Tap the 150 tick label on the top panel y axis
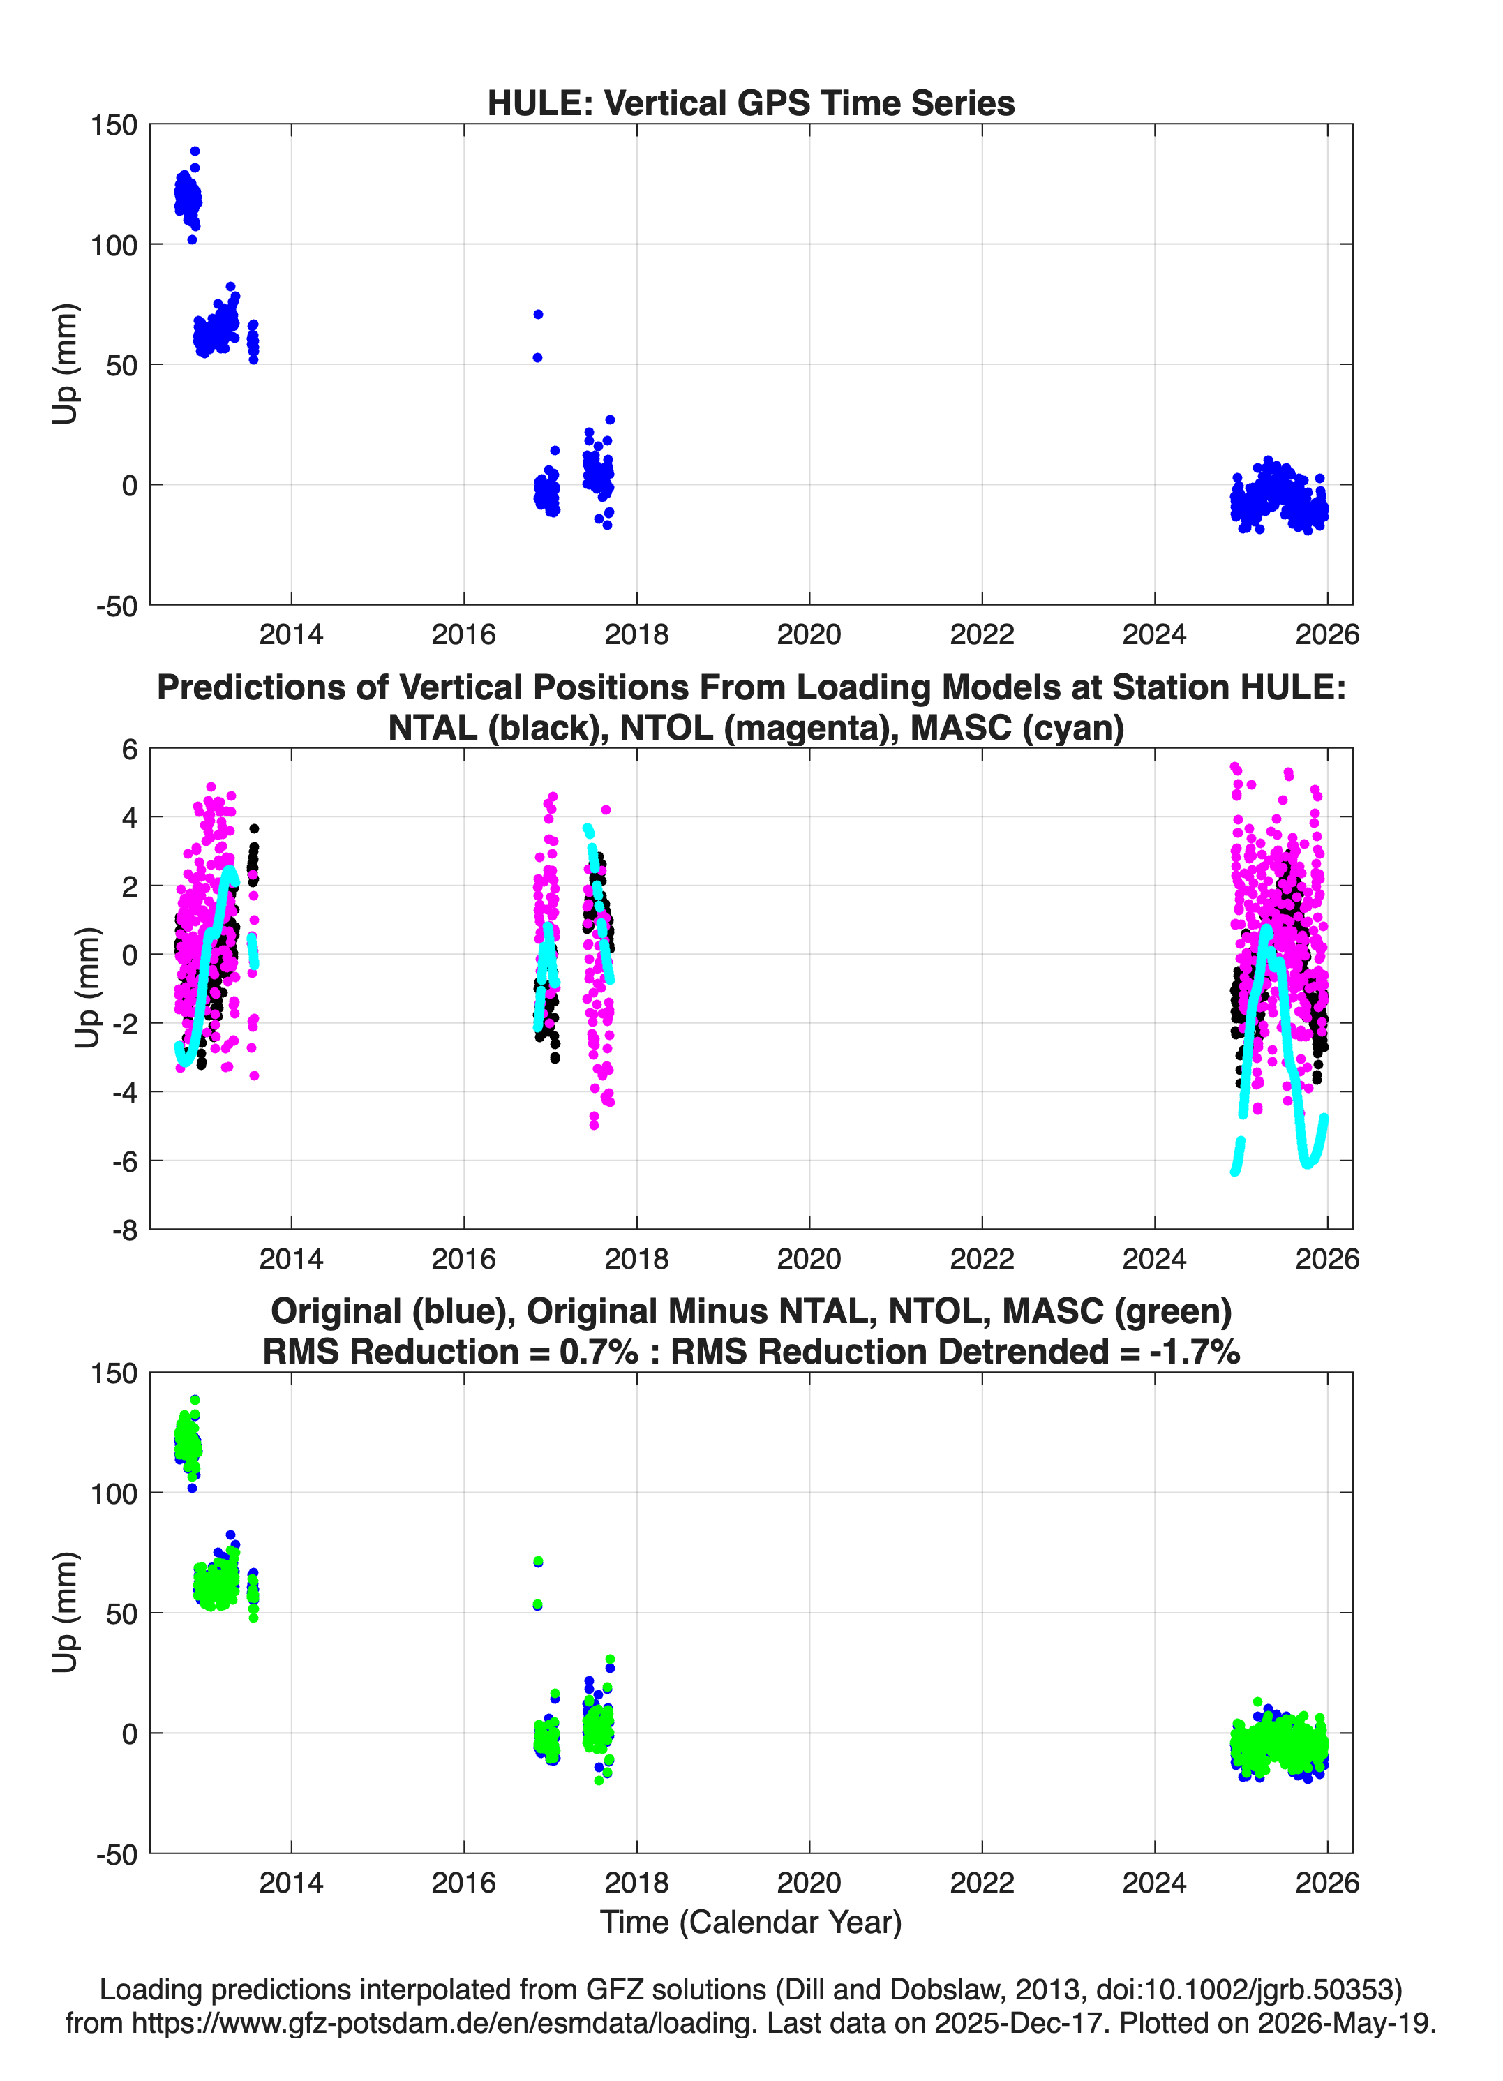click(x=114, y=125)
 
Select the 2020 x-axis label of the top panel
click(x=809, y=634)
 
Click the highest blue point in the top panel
click(x=195, y=151)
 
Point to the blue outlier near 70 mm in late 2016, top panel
click(x=538, y=315)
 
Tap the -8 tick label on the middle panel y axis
click(x=125, y=1230)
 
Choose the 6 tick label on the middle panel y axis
click(x=129, y=749)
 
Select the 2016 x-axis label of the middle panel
click(x=463, y=1259)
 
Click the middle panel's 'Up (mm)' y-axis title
click(x=87, y=987)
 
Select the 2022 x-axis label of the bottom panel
click(x=982, y=1883)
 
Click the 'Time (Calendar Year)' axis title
click(x=751, y=1923)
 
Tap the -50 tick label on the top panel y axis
click(x=117, y=606)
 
